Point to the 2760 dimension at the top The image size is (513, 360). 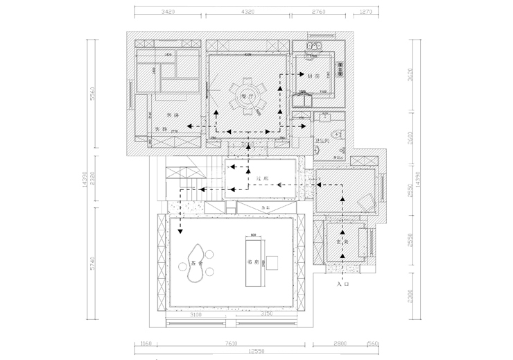(318, 12)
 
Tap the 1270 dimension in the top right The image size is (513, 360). (367, 12)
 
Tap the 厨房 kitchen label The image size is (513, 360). (313, 76)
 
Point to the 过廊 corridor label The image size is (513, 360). (261, 179)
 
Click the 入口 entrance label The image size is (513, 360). (341, 284)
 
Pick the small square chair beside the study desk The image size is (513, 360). (274, 262)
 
